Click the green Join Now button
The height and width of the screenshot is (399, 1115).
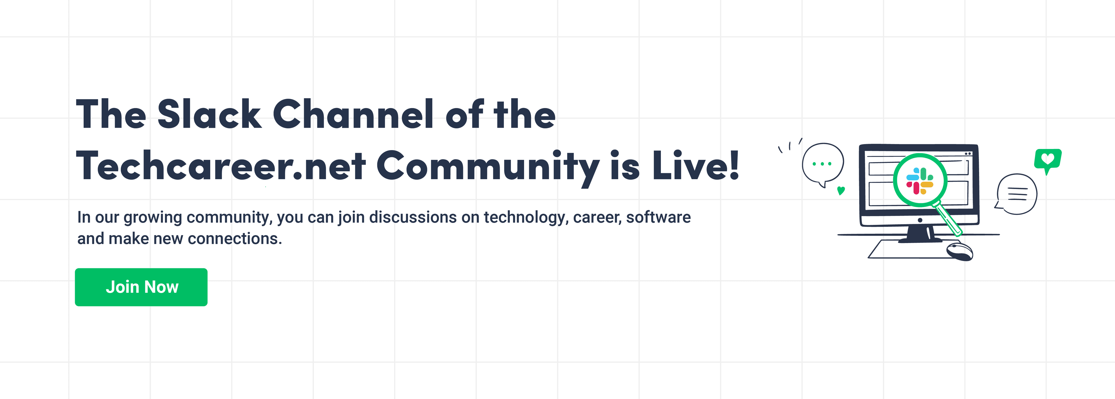click(x=141, y=287)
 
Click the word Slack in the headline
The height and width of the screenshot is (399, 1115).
click(x=209, y=114)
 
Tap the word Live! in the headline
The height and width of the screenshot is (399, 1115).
click(x=696, y=165)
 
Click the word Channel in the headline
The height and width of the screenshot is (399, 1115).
click(x=353, y=114)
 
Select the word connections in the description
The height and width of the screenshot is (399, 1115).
click(x=235, y=238)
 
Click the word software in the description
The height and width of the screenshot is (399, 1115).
click(x=658, y=217)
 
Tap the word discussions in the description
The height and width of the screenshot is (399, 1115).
click(x=413, y=217)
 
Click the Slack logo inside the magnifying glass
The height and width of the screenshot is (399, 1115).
click(x=920, y=181)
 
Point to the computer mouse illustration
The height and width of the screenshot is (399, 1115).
click(x=960, y=251)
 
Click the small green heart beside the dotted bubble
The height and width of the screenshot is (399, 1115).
click(x=841, y=190)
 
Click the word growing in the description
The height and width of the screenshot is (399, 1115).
click(x=152, y=218)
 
